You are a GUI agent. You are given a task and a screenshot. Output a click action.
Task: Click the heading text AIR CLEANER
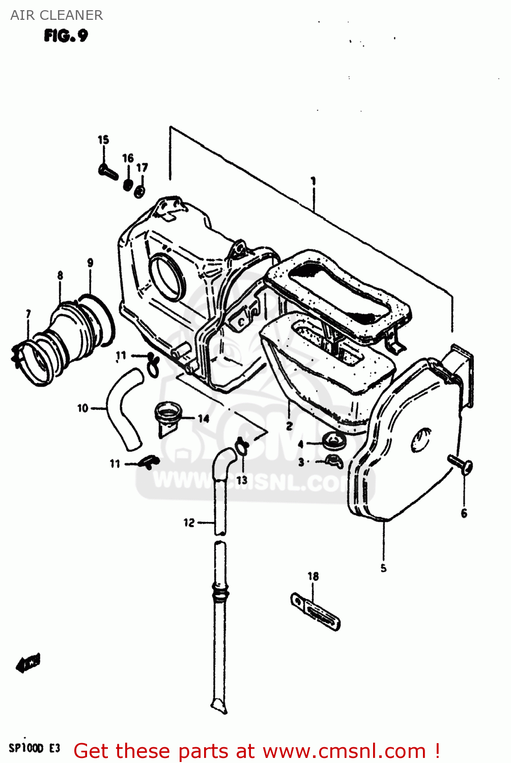point(56,15)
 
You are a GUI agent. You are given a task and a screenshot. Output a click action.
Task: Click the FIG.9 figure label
point(66,36)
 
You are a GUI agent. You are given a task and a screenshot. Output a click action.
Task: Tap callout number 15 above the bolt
point(103,140)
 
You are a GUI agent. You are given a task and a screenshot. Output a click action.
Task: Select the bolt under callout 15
point(108,171)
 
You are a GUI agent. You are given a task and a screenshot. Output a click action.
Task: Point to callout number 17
point(142,167)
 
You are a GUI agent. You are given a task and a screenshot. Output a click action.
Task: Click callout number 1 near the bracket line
point(314,181)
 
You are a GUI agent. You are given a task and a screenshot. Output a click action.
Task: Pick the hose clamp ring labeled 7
point(31,361)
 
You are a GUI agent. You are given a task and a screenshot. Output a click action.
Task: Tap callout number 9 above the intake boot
point(90,263)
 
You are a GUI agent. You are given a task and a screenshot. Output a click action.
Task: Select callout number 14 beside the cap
point(204,419)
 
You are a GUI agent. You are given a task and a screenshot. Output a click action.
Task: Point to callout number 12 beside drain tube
point(189,522)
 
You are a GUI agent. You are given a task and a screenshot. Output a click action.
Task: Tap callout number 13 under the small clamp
point(242,480)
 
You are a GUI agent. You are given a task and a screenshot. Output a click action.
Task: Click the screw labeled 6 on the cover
point(461,465)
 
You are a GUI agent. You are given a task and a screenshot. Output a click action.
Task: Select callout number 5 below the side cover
point(383,568)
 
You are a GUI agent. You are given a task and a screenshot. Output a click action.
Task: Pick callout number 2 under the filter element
point(289,426)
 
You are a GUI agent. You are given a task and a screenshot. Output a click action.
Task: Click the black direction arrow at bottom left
point(28,663)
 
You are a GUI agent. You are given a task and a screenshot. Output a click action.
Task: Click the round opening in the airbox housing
point(167,278)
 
